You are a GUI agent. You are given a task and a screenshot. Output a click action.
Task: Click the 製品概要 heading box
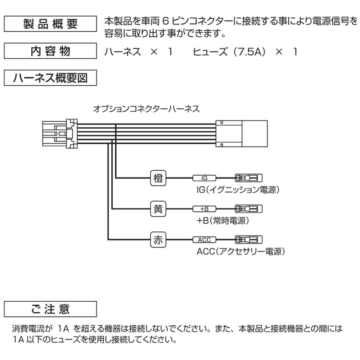tap(50, 24)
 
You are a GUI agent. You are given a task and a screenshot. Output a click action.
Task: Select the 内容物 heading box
tap(50, 51)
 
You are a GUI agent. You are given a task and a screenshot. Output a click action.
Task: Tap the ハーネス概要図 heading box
tap(50, 78)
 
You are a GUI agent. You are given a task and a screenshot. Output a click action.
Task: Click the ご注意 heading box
tap(50, 309)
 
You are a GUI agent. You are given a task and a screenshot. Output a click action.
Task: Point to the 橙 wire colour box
tap(158, 178)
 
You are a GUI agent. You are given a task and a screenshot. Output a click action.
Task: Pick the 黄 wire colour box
tap(158, 209)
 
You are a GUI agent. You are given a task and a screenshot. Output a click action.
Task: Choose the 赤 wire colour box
tap(158, 240)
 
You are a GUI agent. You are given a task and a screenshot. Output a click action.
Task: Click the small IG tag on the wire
tap(204, 178)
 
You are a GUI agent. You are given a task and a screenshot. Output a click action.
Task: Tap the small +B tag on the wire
tap(204, 209)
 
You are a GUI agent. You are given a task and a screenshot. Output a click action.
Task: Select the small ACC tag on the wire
tap(204, 240)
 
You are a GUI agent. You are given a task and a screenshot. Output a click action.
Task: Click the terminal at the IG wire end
tap(248, 178)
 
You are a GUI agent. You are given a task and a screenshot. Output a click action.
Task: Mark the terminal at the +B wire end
tap(248, 209)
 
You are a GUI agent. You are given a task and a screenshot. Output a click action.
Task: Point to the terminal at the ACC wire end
tap(248, 240)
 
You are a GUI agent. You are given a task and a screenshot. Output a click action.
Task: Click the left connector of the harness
tap(60, 133)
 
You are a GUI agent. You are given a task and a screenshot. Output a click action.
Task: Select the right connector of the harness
tap(242, 133)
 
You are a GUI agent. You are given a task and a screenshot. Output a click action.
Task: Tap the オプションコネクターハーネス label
tap(146, 109)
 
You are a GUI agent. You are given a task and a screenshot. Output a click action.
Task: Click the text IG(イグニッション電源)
tap(238, 190)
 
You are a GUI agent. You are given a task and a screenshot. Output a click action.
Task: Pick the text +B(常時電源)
tap(222, 221)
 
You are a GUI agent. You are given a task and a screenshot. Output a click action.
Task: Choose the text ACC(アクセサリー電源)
tap(241, 252)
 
